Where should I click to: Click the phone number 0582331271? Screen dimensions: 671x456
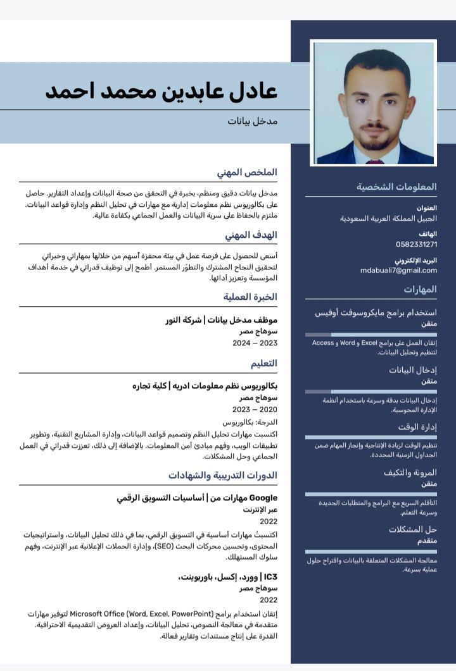click(416, 244)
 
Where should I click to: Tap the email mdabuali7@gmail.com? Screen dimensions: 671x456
click(398, 270)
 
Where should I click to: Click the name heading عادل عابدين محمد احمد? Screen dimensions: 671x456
click(161, 90)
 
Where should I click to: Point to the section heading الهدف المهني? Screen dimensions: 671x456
click(251, 235)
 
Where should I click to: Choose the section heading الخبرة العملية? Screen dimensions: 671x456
click(250, 297)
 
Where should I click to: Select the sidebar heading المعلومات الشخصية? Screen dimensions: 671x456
click(396, 187)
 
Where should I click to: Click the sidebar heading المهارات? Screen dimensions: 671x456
click(421, 289)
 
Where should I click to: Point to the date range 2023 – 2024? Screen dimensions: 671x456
click(255, 343)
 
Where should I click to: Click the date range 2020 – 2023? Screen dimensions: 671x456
click(255, 409)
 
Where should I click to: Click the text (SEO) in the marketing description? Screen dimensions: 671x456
click(164, 546)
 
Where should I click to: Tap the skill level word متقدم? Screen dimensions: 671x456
click(422, 541)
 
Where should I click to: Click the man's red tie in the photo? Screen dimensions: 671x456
click(374, 161)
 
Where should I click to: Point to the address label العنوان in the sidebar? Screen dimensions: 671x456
click(427, 207)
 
